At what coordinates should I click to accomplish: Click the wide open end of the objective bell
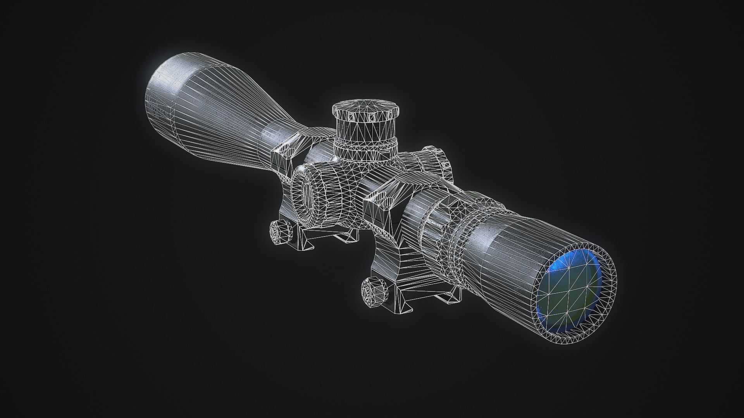click(x=163, y=93)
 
